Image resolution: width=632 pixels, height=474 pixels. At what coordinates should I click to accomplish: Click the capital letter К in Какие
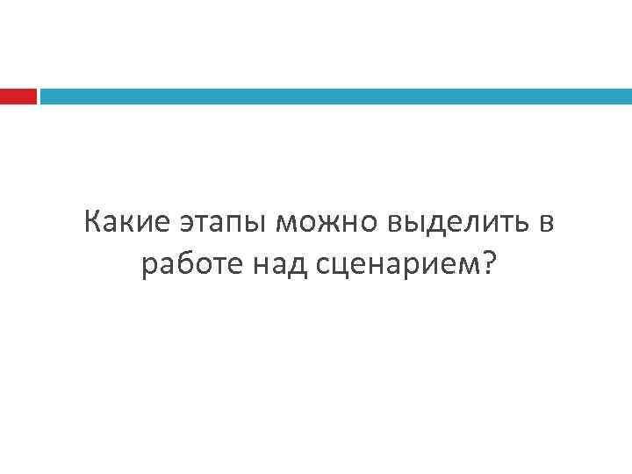pyautogui.click(x=93, y=224)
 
